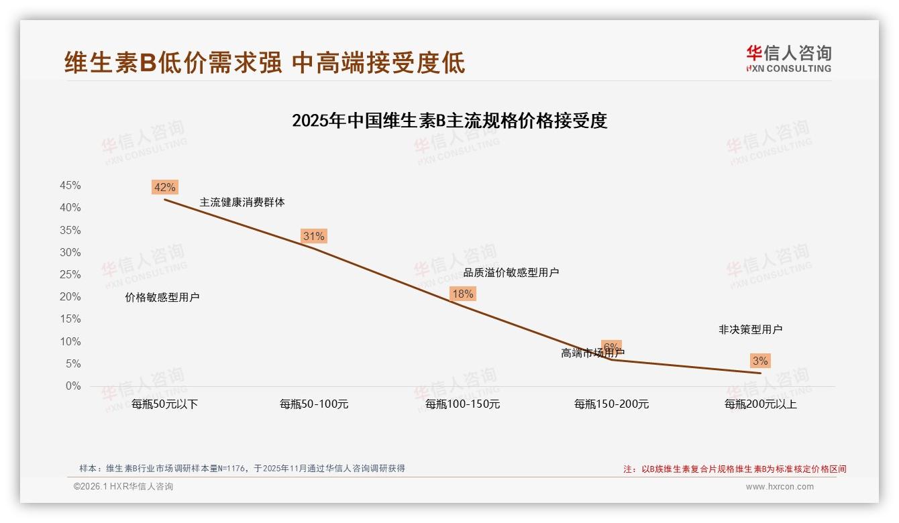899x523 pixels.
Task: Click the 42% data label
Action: tap(164, 187)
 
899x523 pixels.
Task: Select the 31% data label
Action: tap(313, 236)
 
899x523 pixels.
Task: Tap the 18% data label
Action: tap(462, 294)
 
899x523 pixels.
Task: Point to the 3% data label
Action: tap(759, 361)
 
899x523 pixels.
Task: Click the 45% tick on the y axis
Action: tap(70, 186)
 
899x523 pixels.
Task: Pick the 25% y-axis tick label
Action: tap(70, 275)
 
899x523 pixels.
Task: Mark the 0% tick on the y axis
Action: tap(73, 386)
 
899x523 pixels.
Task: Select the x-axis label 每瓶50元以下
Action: tap(164, 404)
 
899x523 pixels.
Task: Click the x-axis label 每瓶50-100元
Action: tap(314, 404)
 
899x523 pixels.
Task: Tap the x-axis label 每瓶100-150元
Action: tap(462, 404)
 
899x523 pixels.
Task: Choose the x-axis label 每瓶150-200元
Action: tap(611, 404)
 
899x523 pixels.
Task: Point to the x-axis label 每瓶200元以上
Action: tap(760, 404)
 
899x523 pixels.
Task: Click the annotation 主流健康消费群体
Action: tap(242, 202)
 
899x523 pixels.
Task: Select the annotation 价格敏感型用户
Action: tap(162, 298)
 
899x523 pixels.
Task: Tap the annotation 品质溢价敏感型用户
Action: tap(511, 272)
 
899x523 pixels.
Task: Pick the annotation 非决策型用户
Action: tap(750, 329)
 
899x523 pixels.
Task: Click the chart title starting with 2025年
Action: tap(449, 121)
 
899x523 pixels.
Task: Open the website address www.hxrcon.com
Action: tap(779, 487)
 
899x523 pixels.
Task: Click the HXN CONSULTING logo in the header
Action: tap(788, 58)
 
